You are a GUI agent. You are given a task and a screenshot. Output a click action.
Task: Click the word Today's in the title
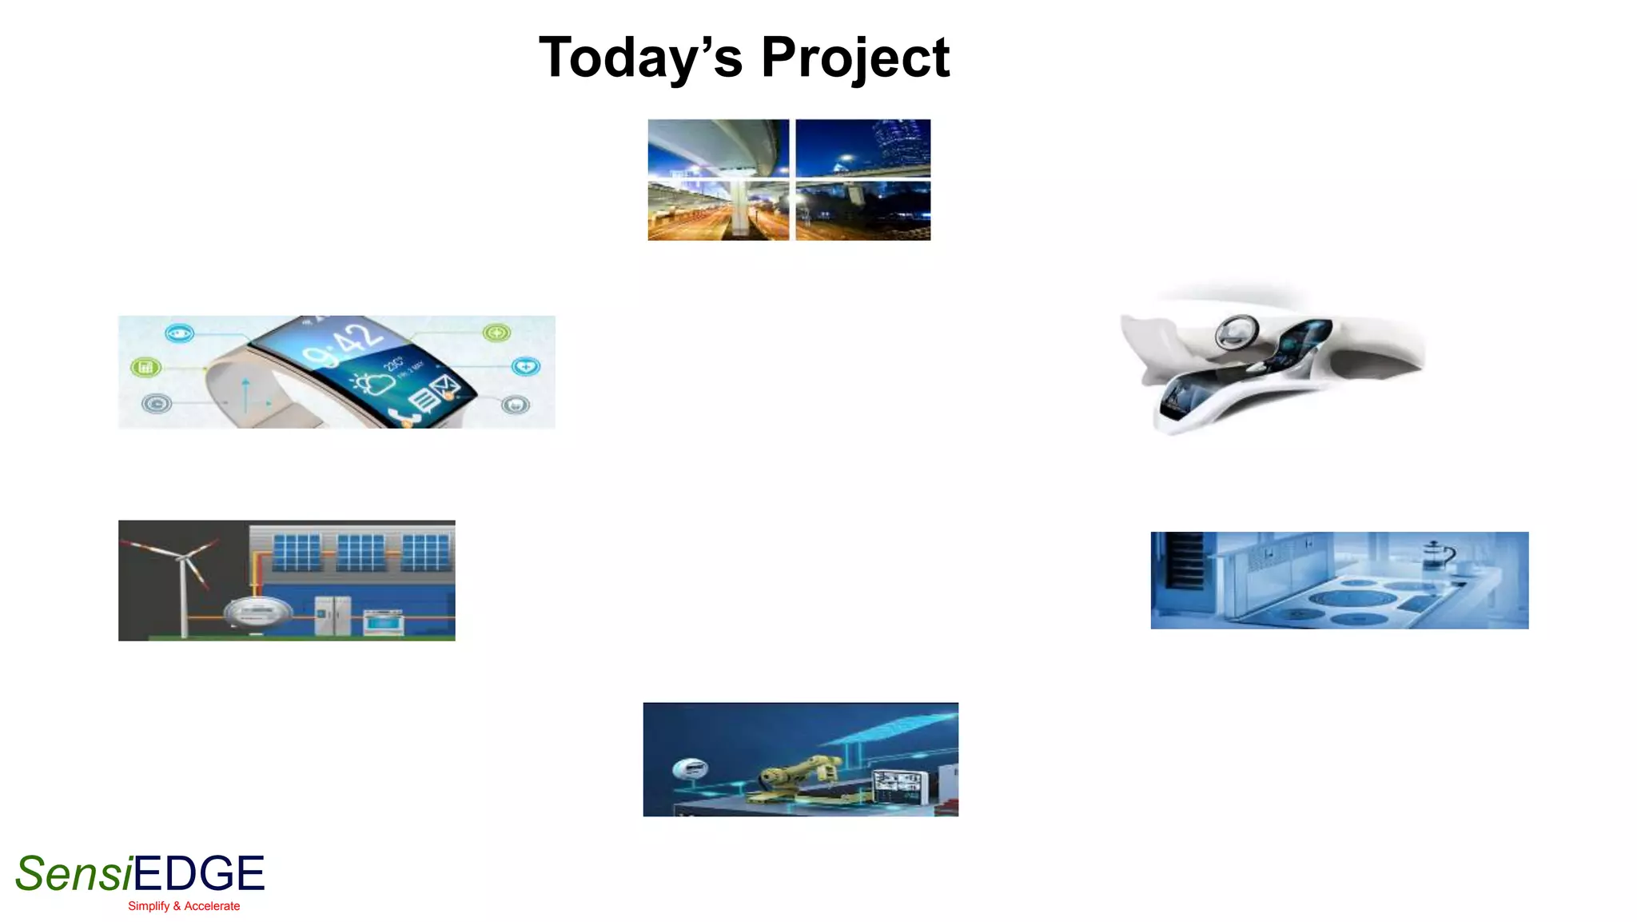pos(640,58)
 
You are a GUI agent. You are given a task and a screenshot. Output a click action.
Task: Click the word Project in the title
pos(855,58)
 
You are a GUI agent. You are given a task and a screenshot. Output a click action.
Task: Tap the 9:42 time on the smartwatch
pos(344,345)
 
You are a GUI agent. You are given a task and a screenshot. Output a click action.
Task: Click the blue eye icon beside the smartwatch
pos(179,333)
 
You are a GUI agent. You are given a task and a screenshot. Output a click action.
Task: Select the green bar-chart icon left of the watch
pos(145,367)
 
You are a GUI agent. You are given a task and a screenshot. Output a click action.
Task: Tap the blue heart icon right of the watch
pos(525,366)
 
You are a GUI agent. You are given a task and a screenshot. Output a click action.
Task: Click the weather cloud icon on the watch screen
pos(374,383)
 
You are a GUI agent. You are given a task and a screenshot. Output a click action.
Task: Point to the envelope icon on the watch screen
pos(444,388)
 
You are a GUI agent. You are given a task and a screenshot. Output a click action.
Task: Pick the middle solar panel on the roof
pos(360,553)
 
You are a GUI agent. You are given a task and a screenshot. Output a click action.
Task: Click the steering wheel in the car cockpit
pos(1237,331)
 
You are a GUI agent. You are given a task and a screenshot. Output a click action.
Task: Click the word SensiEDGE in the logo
pos(140,873)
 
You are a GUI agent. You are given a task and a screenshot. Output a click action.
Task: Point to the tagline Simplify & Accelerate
pos(184,906)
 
